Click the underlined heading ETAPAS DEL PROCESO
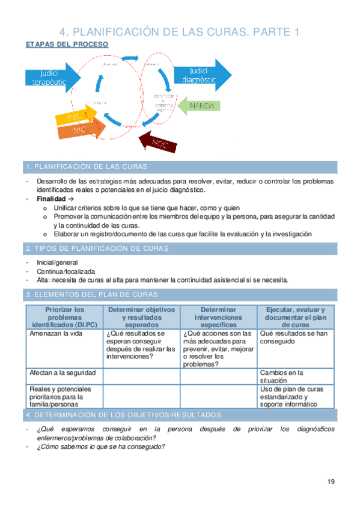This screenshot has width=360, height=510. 67,45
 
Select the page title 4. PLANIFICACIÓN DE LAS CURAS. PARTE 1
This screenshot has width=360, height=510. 180,32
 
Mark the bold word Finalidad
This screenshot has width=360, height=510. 50,198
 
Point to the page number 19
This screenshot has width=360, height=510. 331,481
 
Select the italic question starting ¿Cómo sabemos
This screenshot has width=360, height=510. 100,446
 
